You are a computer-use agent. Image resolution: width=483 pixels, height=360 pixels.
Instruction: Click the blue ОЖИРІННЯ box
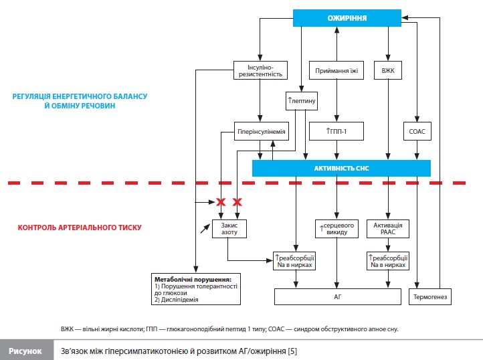coord(347,18)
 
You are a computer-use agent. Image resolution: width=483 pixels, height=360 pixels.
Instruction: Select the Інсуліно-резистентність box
coord(261,70)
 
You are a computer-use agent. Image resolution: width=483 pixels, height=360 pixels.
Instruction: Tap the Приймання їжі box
coord(336,70)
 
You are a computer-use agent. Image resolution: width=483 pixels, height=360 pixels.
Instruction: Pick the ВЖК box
coord(388,70)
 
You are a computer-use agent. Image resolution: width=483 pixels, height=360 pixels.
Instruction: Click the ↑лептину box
coord(302,101)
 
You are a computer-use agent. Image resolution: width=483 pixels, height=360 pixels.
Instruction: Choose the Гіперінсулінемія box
coord(261,131)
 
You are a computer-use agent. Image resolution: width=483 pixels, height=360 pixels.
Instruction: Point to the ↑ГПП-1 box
coord(336,131)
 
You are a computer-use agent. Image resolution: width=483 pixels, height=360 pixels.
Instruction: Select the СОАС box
coord(417,131)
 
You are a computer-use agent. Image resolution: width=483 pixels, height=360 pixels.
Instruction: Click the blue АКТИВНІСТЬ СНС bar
coord(341,168)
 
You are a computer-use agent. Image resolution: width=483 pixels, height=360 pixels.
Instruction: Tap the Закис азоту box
coord(229,229)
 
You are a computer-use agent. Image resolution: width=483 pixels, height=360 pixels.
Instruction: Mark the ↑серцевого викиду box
coord(336,229)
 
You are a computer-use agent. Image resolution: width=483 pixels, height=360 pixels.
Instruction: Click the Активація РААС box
coord(388,229)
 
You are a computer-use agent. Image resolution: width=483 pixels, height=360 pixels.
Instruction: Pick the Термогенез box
coord(430,297)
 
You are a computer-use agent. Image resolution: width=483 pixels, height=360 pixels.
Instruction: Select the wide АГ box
coord(338,297)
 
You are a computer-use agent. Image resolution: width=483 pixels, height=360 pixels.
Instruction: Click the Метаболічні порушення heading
coord(193,280)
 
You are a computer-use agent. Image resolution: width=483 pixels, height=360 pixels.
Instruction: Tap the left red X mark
coord(221,202)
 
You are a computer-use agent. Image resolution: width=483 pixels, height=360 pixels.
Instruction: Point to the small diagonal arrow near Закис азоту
coord(205,228)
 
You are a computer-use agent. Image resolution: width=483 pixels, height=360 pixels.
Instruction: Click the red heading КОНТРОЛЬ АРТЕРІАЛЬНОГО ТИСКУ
coord(80,228)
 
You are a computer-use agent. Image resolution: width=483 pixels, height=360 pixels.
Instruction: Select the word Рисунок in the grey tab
coord(25,351)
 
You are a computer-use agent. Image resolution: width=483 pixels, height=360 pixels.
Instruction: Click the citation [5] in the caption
coord(292,351)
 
